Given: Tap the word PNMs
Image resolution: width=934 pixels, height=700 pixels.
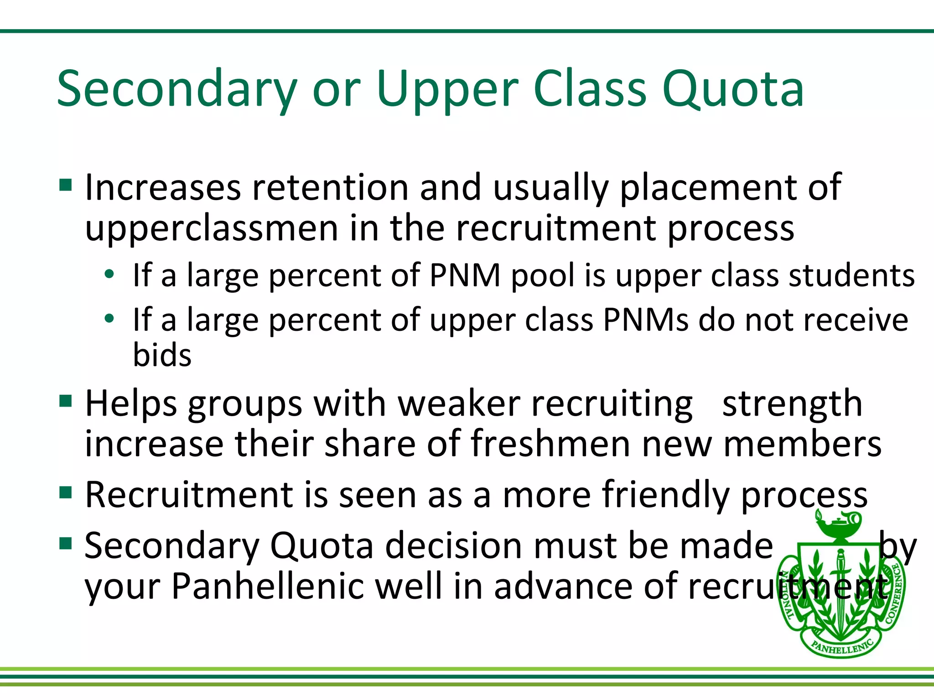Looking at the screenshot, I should click(x=646, y=320).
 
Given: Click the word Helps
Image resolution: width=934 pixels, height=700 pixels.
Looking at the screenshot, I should click(x=131, y=404).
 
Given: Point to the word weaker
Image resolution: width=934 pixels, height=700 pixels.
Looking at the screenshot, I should click(x=459, y=404).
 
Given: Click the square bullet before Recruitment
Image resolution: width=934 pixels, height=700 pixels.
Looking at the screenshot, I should click(x=66, y=493).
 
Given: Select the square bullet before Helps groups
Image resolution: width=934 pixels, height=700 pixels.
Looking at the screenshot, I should click(x=66, y=401).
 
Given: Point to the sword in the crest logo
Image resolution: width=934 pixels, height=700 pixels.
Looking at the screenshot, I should click(x=840, y=588).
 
